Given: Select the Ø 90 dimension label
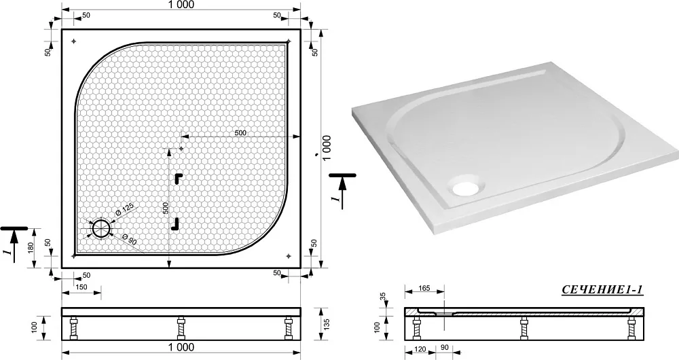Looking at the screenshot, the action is pyautogui.click(x=130, y=240).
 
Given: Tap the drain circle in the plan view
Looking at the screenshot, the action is pyautogui.click(x=101, y=228).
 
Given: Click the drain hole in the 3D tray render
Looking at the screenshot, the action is pyautogui.click(x=467, y=185).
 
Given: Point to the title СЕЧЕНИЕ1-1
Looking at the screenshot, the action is pyautogui.click(x=602, y=290).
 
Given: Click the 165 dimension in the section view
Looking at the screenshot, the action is pyautogui.click(x=424, y=289).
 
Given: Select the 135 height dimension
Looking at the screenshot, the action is pyautogui.click(x=327, y=325).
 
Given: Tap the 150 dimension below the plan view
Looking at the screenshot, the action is pyautogui.click(x=81, y=287).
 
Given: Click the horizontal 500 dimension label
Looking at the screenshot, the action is pyautogui.click(x=240, y=132).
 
